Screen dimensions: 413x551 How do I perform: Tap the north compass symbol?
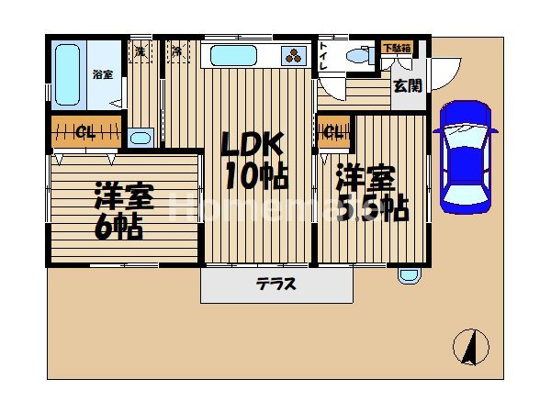point(471,348)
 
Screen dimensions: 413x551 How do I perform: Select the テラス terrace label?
point(275,285)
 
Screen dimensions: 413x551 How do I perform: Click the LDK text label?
point(251,146)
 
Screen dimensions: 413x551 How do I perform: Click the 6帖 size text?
point(119,226)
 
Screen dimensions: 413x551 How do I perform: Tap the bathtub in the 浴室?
point(67,74)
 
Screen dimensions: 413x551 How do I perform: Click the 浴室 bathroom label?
point(102,73)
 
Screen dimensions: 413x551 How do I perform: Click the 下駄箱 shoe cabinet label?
point(397,47)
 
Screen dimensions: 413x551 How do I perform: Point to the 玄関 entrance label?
point(407,86)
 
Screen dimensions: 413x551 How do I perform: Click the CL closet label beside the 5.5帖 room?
point(332,132)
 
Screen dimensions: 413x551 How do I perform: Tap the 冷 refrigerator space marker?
point(176,51)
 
